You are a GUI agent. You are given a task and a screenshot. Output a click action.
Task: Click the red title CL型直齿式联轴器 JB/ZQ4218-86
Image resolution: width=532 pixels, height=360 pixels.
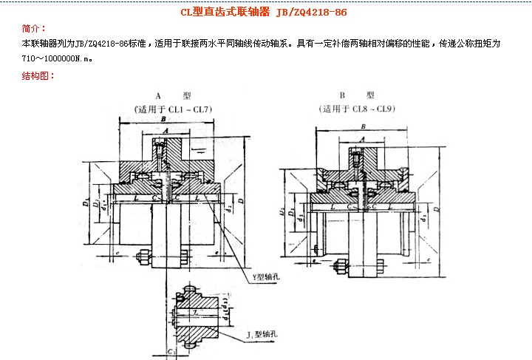point(264,13)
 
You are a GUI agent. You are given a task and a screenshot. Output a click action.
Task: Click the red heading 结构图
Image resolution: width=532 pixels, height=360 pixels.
point(35,75)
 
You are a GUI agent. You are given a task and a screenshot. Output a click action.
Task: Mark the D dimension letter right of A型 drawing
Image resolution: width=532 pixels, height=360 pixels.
point(253,211)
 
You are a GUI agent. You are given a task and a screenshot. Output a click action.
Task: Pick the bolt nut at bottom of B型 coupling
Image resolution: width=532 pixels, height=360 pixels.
point(339,265)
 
